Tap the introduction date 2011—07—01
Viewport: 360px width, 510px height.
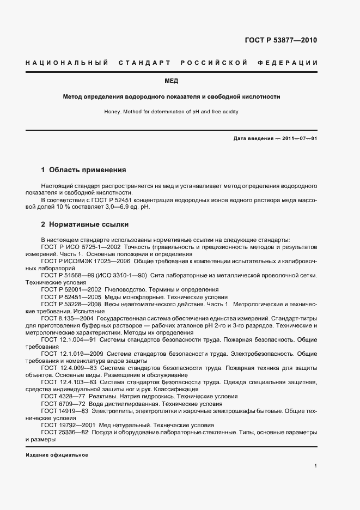click(x=297, y=138)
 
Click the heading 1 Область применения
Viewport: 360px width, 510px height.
click(x=83, y=169)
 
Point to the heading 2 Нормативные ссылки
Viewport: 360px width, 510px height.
click(x=85, y=224)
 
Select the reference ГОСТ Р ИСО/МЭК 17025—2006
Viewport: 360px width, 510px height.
click(x=84, y=261)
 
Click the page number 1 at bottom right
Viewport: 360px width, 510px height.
click(x=316, y=466)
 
